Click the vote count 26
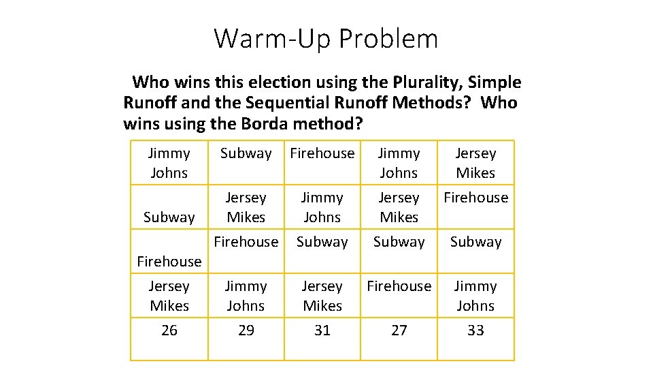pyautogui.click(x=169, y=331)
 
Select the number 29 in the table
pyautogui.click(x=246, y=331)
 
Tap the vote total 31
pyautogui.click(x=322, y=331)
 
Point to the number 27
pyautogui.click(x=399, y=331)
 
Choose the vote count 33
pyautogui.click(x=475, y=331)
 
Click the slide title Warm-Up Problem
pyautogui.click(x=326, y=38)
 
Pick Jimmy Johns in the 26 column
pyautogui.click(x=169, y=163)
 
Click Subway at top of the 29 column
pyautogui.click(x=246, y=153)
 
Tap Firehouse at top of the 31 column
pyautogui.click(x=322, y=153)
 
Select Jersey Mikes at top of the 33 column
pyautogui.click(x=475, y=163)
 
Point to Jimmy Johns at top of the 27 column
pyautogui.click(x=399, y=163)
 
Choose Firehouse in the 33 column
pyautogui.click(x=475, y=198)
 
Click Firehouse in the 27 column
pyautogui.click(x=399, y=286)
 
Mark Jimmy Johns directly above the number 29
pyautogui.click(x=246, y=296)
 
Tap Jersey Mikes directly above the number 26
pyautogui.click(x=169, y=296)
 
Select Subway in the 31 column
pyautogui.click(x=322, y=242)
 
